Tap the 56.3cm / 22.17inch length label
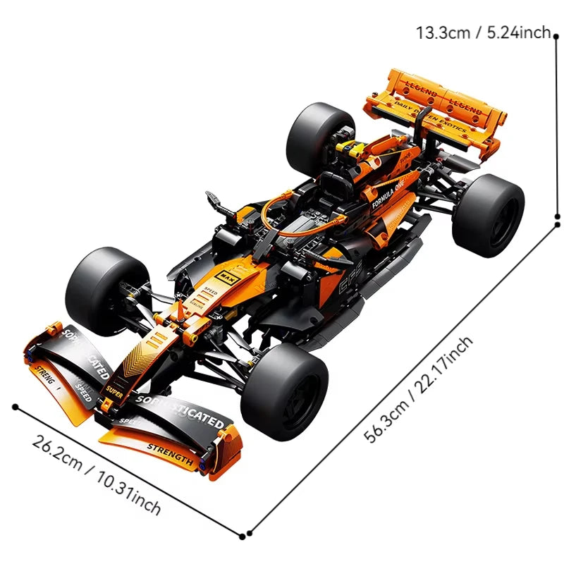click(x=419, y=389)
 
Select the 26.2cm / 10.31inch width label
click(x=97, y=473)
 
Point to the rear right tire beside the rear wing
click(x=487, y=214)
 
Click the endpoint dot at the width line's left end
click(x=15, y=406)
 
